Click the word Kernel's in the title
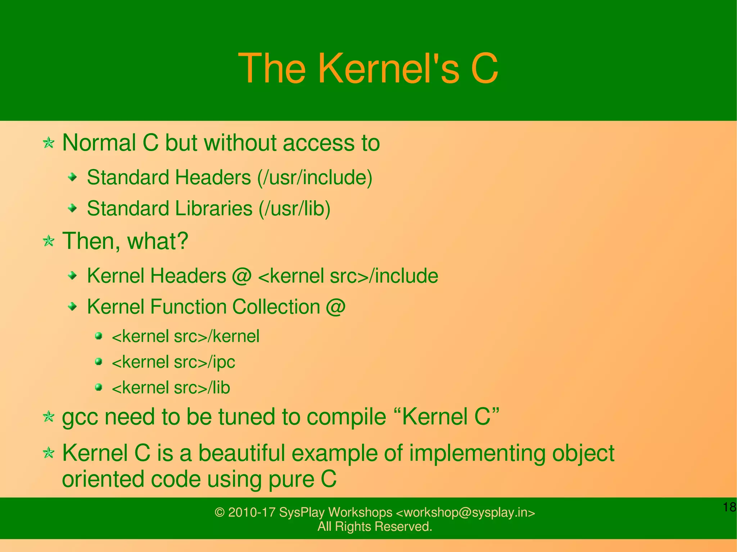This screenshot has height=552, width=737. click(x=389, y=68)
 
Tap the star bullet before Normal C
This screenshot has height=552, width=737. click(x=49, y=143)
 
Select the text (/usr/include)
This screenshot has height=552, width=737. click(x=315, y=178)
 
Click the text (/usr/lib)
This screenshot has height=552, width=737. click(x=294, y=209)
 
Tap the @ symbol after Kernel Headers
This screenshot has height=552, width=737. click(x=242, y=276)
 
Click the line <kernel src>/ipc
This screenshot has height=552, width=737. click(x=173, y=362)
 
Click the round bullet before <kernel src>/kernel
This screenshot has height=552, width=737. click(x=99, y=336)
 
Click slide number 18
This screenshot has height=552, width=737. click(x=729, y=507)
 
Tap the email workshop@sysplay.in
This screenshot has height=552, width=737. click(x=465, y=512)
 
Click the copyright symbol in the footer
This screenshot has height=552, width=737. click(x=220, y=512)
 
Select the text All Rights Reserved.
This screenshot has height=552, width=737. click(x=374, y=526)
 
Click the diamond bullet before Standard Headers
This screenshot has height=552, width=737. click(x=73, y=177)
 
